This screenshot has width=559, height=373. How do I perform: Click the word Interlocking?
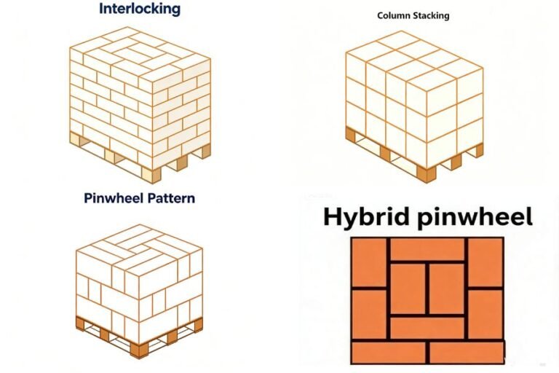point(140,9)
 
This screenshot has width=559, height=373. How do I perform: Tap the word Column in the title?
point(391,15)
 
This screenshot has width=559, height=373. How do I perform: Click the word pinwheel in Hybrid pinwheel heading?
point(475,217)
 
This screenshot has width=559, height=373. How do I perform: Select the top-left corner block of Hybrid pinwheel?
point(369,262)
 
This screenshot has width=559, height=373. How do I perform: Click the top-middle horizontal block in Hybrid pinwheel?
point(427,249)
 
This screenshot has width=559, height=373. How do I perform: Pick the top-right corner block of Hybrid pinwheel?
point(485,262)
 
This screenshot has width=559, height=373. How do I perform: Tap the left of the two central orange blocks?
point(408,288)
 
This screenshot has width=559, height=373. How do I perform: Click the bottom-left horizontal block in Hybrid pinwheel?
point(388,353)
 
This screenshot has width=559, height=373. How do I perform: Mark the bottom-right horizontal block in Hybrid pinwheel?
point(467,353)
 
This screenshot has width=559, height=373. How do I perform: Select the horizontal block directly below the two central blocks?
point(427,328)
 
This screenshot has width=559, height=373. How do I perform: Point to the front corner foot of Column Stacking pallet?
point(427,175)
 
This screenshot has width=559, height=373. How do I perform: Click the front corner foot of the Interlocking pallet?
point(151,176)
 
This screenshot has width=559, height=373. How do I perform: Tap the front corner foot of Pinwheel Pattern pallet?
point(139,350)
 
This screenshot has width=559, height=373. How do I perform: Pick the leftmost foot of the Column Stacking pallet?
point(351,135)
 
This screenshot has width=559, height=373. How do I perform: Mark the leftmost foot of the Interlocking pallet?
point(74,138)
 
